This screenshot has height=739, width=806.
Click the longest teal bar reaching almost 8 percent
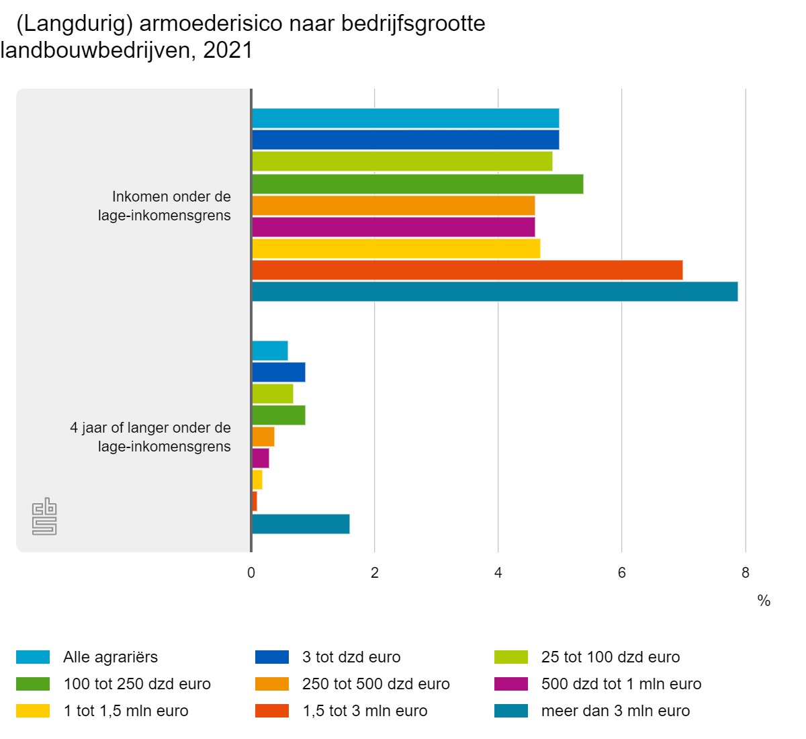click(x=494, y=292)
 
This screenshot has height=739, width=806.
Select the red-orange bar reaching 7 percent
click(x=467, y=270)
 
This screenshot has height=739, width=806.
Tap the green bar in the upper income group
click(x=417, y=184)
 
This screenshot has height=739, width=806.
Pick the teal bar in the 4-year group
click(x=300, y=524)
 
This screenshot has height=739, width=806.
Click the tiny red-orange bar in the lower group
click(x=255, y=501)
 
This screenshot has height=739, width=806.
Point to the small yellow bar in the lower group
click(x=257, y=480)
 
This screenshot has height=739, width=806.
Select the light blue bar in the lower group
click(x=270, y=351)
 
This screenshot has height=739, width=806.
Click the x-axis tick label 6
click(x=622, y=573)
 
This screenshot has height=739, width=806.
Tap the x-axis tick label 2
click(x=375, y=573)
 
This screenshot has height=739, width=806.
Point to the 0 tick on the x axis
click(x=251, y=573)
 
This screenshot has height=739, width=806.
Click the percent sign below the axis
click(x=764, y=601)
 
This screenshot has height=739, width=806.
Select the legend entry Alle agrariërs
click(x=110, y=657)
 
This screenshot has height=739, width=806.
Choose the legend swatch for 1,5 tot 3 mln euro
click(x=272, y=711)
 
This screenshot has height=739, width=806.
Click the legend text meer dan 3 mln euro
click(x=615, y=711)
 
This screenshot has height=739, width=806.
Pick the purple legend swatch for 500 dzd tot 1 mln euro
click(x=511, y=684)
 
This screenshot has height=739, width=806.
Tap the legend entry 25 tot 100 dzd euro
click(x=610, y=657)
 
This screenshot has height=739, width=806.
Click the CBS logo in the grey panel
click(x=44, y=517)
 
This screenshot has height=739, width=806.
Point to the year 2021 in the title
click(x=228, y=50)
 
